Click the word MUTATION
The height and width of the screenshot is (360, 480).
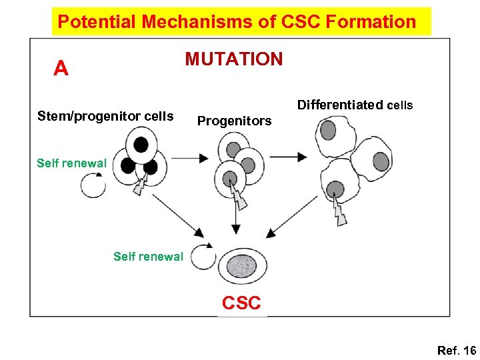click(234, 59)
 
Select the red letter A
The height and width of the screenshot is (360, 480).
click(61, 69)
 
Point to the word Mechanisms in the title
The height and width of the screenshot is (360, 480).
click(185, 21)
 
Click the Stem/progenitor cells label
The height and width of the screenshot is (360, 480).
click(105, 117)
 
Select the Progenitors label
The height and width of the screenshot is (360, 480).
click(234, 121)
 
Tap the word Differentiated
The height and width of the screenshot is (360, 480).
click(340, 105)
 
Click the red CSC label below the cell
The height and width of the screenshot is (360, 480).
click(241, 303)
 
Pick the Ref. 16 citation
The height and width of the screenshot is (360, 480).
click(457, 351)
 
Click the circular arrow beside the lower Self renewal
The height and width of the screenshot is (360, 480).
click(203, 256)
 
